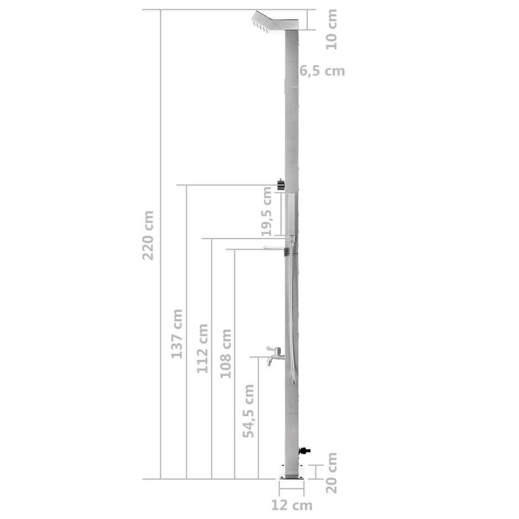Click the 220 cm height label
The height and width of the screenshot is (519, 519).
point(148,235)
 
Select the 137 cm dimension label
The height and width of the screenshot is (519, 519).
point(176,333)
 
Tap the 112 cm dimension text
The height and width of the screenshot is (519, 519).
point(203,348)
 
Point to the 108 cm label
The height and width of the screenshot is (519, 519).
point(226,354)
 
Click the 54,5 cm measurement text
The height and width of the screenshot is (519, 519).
point(248,411)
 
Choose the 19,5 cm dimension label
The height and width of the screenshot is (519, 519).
point(267,211)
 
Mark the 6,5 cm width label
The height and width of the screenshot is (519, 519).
point(322,71)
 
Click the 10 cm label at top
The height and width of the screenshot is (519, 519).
point(331,29)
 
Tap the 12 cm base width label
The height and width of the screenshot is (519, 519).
point(291,505)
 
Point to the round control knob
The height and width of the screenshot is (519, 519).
point(280,185)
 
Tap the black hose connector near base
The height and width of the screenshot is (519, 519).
point(305,450)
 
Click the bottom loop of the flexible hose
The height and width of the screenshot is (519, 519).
point(293,381)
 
